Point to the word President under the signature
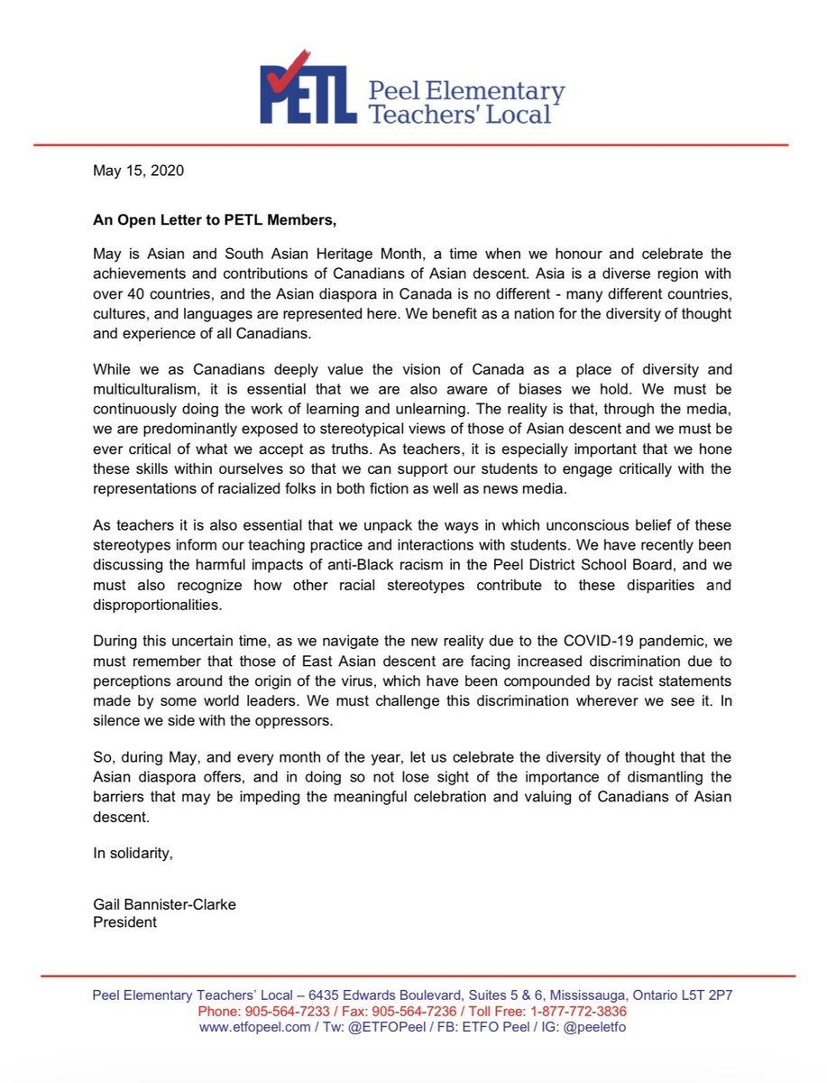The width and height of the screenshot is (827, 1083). (124, 922)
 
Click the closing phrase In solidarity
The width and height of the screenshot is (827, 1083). (133, 854)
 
